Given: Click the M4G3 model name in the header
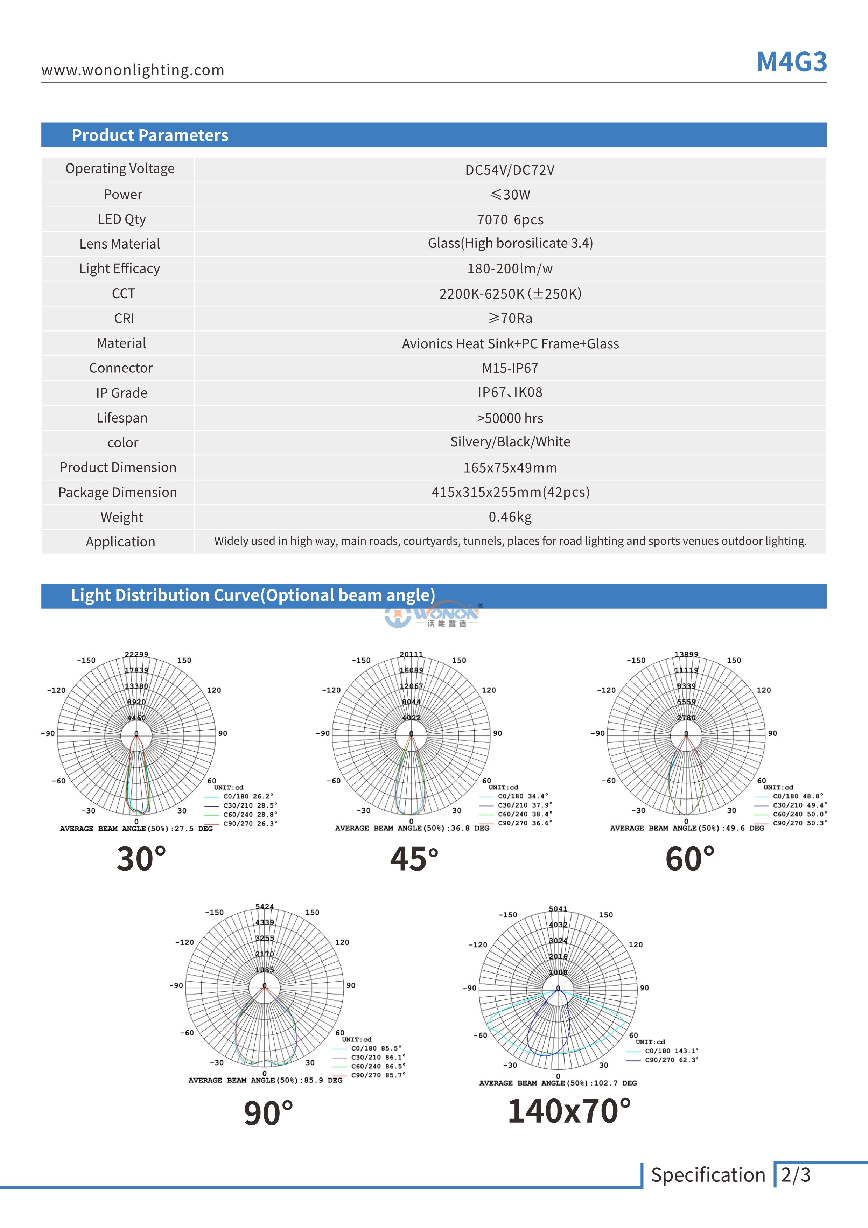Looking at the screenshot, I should pos(791,62).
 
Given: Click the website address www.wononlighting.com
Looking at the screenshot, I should pos(133,70).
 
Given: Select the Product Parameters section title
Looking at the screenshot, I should pos(150,135).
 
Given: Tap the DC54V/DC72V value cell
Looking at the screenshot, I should pos(510,170).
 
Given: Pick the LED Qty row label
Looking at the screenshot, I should pos(122,219).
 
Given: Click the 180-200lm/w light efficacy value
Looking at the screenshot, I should pos(510,268).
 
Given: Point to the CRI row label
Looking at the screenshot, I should pos(124,318).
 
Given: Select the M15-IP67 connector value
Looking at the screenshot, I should pos(510,368).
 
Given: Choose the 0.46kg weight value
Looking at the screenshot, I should pos(510,517).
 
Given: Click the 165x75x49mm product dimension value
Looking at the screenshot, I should pos(510,467).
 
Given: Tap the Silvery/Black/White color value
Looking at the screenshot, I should pos(510,442).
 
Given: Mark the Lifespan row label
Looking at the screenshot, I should pos(122,418).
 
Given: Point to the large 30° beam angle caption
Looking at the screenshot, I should pos(141,858).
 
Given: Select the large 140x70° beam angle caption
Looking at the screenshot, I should pos(569,1110).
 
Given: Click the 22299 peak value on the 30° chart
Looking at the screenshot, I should pos(136,654).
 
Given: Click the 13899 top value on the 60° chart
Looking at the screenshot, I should pos(686,654).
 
